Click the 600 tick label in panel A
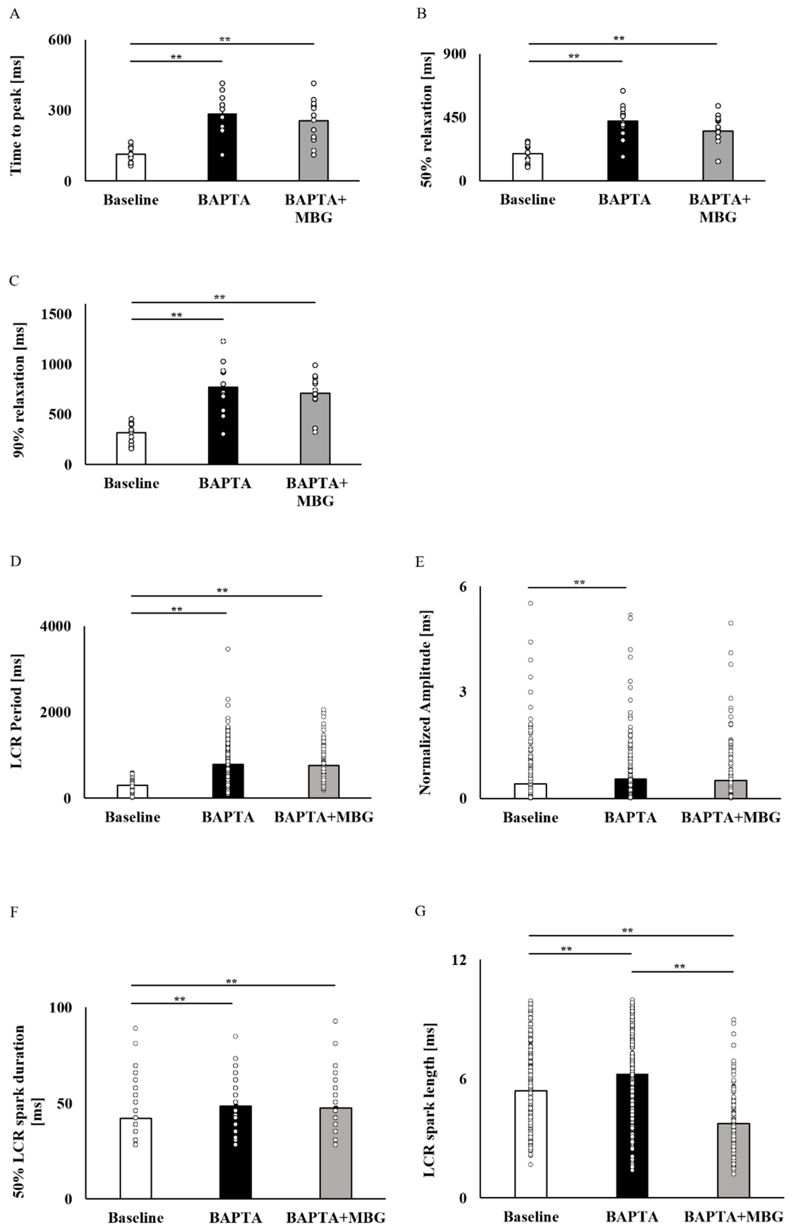pos(60,40)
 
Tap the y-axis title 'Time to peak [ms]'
pos(16,115)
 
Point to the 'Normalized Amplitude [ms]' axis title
pos(425,702)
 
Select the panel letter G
pos(420,911)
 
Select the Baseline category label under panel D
pos(132,817)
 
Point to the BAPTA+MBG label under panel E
pos(731,817)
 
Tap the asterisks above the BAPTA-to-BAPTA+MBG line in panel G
pos(680,966)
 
